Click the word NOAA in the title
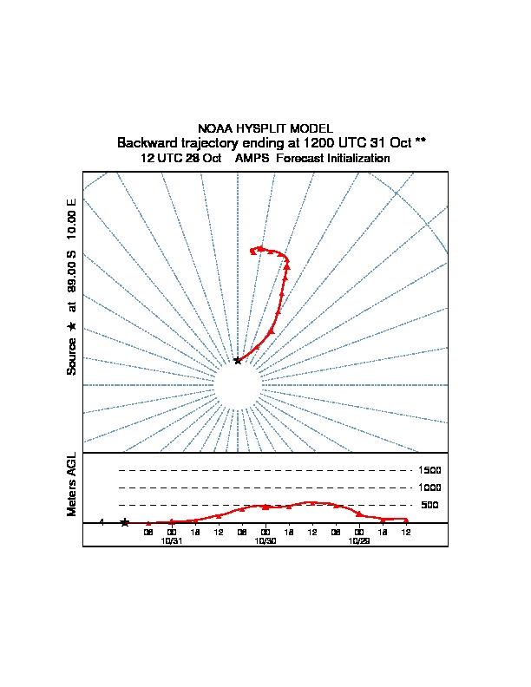[x=214, y=128]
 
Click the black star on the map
[x=238, y=360]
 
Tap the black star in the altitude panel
[x=125, y=522]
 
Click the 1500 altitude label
[x=430, y=470]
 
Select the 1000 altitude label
[x=430, y=487]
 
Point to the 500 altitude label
[x=430, y=505]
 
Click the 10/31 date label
[x=172, y=540]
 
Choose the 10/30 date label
[x=265, y=540]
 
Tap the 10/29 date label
[x=358, y=540]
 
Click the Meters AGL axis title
[x=72, y=484]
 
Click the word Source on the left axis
[x=72, y=357]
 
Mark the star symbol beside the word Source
[x=72, y=326]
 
